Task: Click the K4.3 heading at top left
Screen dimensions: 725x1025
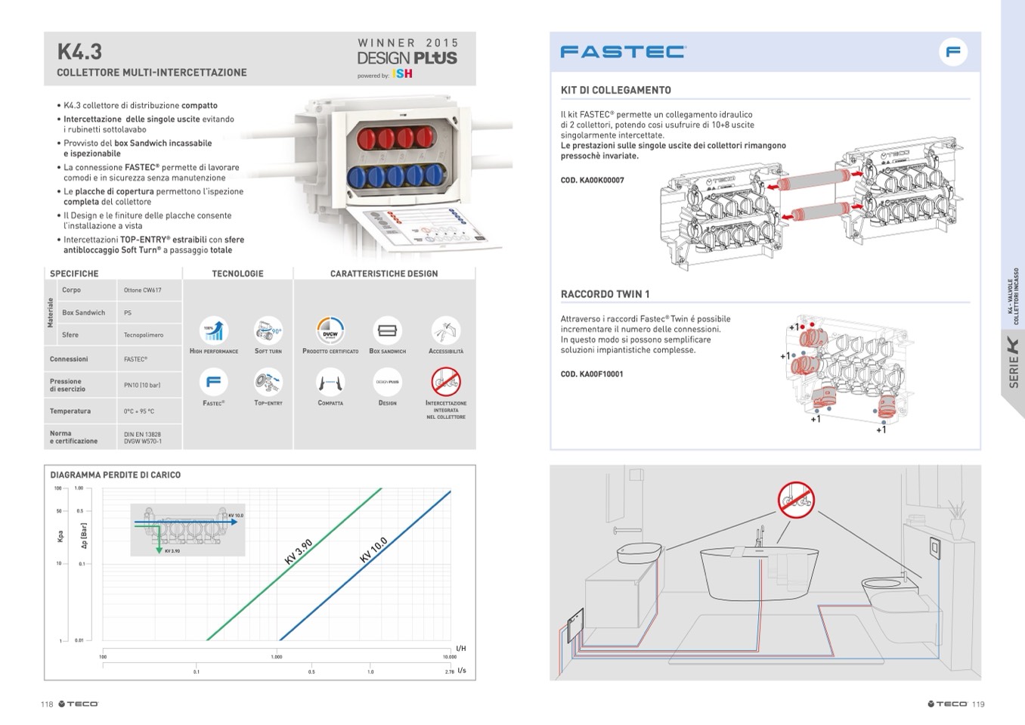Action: [x=79, y=52]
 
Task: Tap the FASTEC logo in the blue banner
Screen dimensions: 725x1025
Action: [x=623, y=51]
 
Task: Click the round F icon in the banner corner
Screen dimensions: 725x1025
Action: [x=953, y=52]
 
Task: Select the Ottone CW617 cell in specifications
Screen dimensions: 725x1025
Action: [x=143, y=290]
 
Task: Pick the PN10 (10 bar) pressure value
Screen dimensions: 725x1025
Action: [x=142, y=385]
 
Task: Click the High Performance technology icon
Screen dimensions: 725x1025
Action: [x=214, y=331]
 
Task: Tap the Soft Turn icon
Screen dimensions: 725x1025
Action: [x=268, y=331]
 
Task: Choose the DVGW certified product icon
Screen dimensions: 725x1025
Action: [x=330, y=331]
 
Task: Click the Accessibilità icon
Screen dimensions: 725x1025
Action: [x=446, y=331]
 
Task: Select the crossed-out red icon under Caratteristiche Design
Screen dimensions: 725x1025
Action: [x=446, y=382]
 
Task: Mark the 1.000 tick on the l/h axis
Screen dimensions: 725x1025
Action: [x=277, y=657]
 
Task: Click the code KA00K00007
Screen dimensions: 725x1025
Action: [x=593, y=181]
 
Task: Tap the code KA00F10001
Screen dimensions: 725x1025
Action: [x=592, y=374]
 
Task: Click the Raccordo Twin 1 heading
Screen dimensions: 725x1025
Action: [x=605, y=294]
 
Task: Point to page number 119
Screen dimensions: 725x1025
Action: [x=978, y=704]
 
